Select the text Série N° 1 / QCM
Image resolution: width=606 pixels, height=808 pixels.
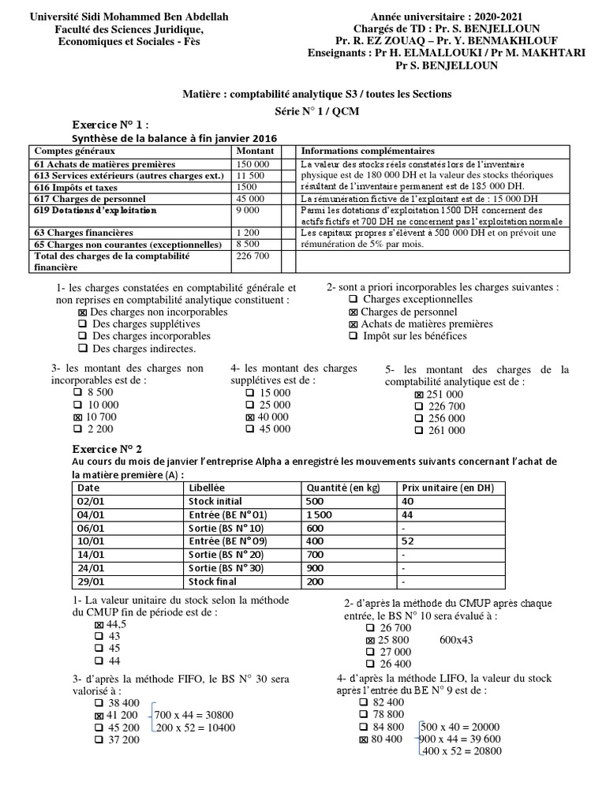point(316,111)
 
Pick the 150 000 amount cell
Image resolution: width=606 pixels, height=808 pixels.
point(253,163)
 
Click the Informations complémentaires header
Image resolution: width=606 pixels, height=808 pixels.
point(368,151)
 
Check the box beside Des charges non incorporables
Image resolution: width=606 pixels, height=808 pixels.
point(83,312)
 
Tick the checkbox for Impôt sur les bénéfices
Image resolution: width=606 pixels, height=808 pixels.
point(353,336)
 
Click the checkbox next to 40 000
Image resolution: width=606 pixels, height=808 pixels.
point(250,417)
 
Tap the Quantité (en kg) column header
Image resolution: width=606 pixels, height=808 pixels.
point(342,488)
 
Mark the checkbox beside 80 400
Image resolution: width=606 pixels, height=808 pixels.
point(364,740)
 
